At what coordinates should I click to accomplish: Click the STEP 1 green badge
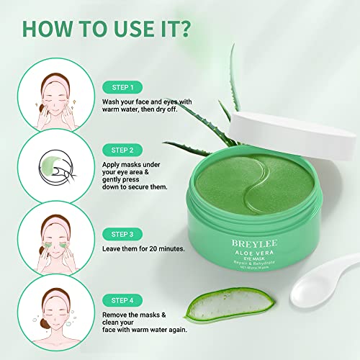click(x=123, y=87)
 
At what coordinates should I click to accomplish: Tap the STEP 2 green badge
click(x=123, y=150)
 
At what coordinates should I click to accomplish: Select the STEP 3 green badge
click(x=123, y=234)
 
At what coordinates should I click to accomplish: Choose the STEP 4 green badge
click(x=123, y=299)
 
